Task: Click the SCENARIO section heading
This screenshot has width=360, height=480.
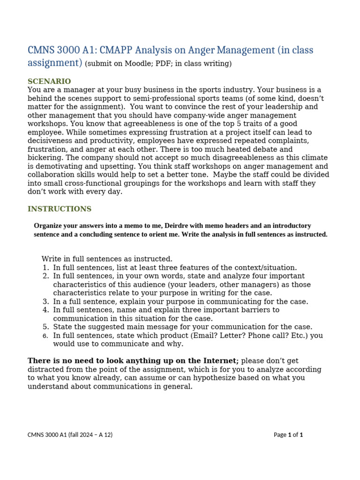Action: tap(49, 82)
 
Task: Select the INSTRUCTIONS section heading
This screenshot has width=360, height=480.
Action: tap(60, 209)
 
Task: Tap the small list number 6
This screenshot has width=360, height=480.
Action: tap(45, 336)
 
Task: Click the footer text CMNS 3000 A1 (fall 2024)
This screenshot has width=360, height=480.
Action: tap(70, 435)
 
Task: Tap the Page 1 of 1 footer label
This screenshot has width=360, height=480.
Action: tap(288, 435)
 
